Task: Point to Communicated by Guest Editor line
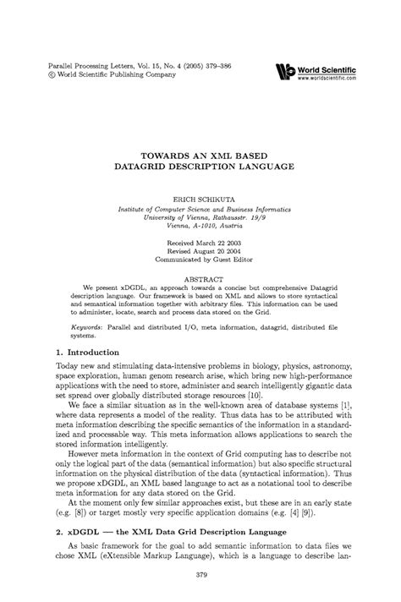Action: [200, 260]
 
